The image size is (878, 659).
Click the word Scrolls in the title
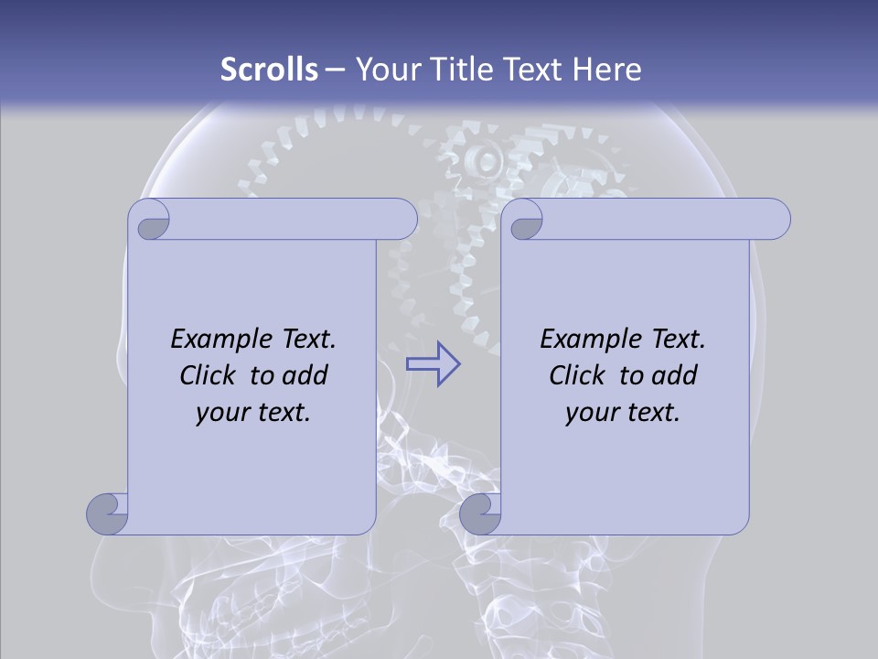point(269,70)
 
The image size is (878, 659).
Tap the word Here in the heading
point(607,70)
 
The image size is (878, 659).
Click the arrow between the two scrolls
point(433,364)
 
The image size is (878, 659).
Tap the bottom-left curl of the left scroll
point(107,513)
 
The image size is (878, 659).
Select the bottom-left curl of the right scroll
point(480,513)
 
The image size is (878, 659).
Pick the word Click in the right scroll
point(577,375)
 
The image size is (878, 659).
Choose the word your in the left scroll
point(224,413)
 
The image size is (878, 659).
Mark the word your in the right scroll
point(593,413)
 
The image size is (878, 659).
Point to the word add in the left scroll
point(306,375)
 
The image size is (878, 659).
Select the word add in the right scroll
point(676,375)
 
